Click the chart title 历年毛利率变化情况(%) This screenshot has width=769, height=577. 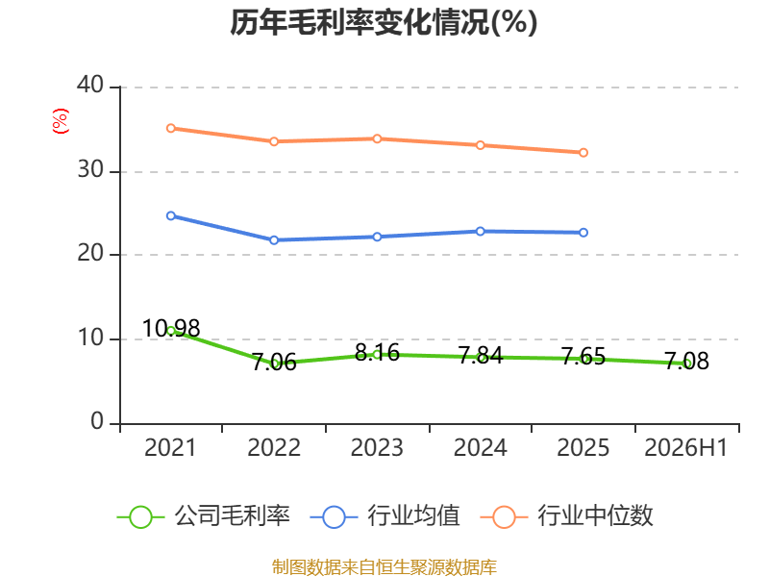click(384, 22)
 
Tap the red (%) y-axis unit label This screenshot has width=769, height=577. click(61, 121)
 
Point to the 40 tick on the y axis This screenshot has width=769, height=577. click(90, 85)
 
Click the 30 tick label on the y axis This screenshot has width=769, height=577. click(90, 170)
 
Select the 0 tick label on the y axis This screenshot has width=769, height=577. click(97, 421)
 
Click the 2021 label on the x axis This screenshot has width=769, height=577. click(170, 447)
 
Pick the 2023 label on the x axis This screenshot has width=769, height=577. click(377, 447)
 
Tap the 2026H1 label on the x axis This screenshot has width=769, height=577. click(685, 447)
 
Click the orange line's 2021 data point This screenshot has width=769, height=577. click(171, 128)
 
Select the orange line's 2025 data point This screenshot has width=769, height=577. click(583, 153)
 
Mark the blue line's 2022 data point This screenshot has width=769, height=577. click(274, 239)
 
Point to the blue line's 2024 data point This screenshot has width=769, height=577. click(480, 231)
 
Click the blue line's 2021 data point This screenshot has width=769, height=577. click(171, 215)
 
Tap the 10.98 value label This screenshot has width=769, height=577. click(171, 328)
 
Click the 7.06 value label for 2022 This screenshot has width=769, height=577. click(274, 363)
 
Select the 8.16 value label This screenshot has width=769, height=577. click(377, 352)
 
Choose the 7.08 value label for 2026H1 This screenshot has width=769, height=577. click(686, 362)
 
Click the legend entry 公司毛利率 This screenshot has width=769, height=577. click(204, 516)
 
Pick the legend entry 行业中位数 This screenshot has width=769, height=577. click(566, 516)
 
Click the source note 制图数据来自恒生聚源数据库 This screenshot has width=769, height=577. click(384, 567)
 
